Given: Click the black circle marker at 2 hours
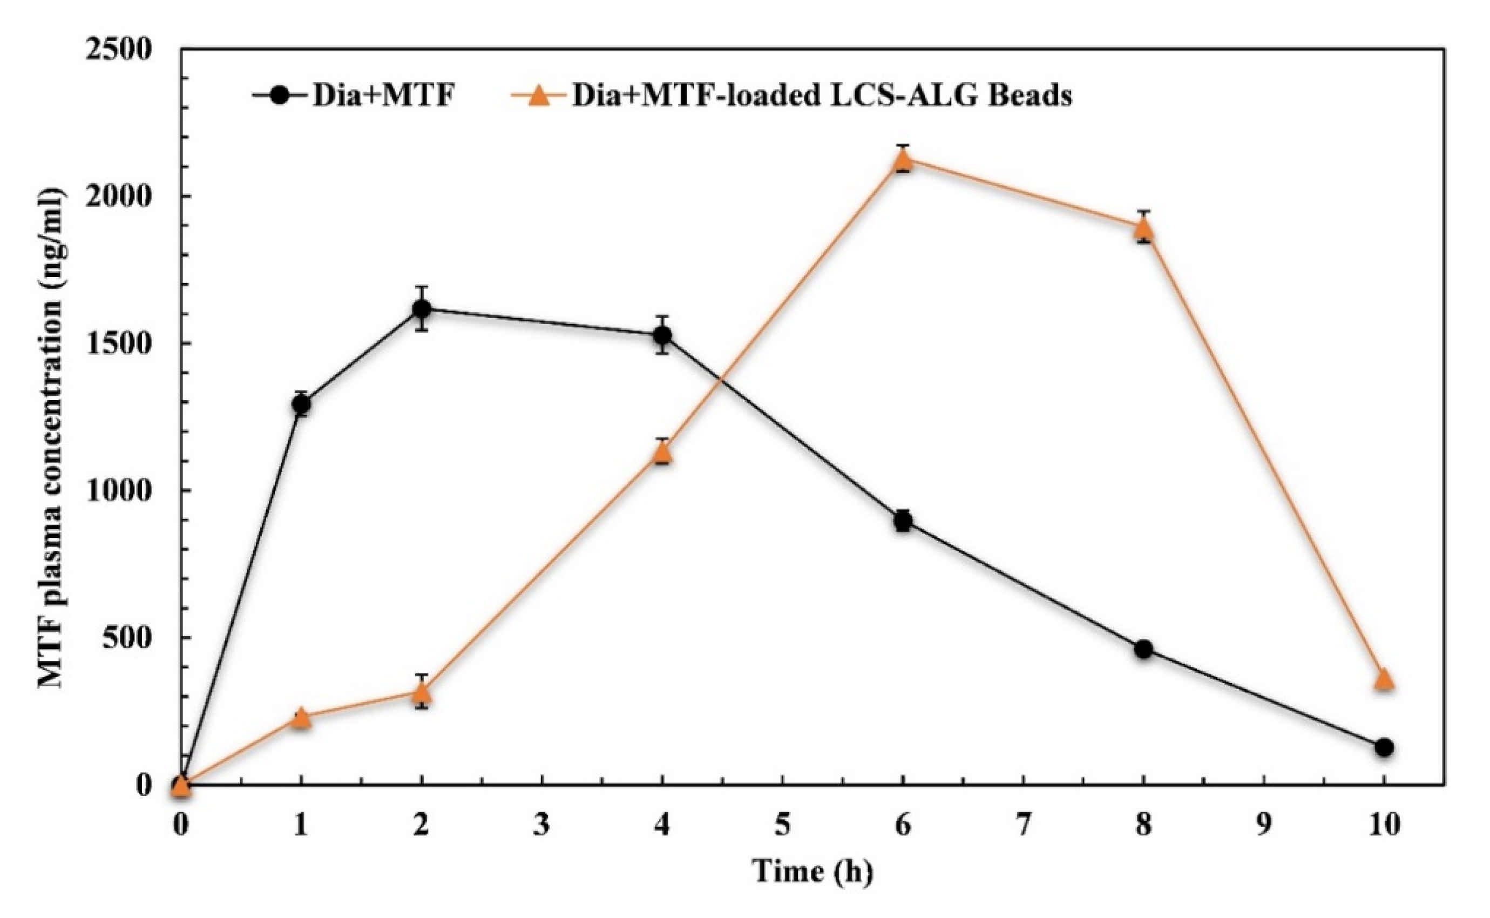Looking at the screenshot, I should click(x=422, y=308).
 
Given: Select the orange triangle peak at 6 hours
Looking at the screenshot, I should click(x=903, y=160).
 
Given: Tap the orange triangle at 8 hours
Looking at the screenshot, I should click(x=1143, y=228).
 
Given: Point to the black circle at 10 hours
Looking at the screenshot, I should click(x=1384, y=747).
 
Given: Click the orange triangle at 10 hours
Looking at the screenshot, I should click(x=1384, y=679).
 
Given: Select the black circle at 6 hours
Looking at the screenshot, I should click(x=903, y=521).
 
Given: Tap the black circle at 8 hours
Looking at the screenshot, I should click(x=1143, y=649).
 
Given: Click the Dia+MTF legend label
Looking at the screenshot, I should click(x=384, y=96).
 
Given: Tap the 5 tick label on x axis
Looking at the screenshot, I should click(x=782, y=825).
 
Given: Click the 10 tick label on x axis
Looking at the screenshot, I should click(x=1384, y=825).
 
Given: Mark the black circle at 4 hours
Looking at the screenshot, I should click(x=662, y=335).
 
